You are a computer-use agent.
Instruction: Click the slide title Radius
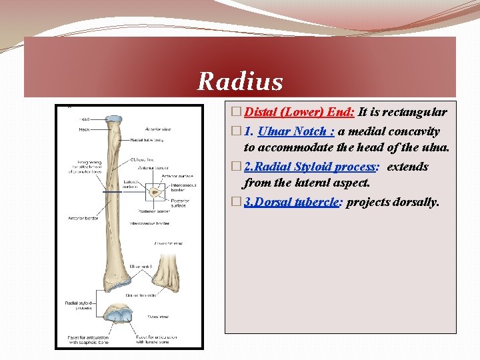pos(240,82)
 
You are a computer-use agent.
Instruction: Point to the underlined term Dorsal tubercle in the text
pos(293,201)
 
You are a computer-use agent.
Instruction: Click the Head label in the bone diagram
pos(85,119)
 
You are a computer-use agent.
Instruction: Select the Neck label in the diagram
pos(85,129)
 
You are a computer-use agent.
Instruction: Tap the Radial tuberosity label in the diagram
pos(147,140)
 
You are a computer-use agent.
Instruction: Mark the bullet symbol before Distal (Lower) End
pos(231,113)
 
